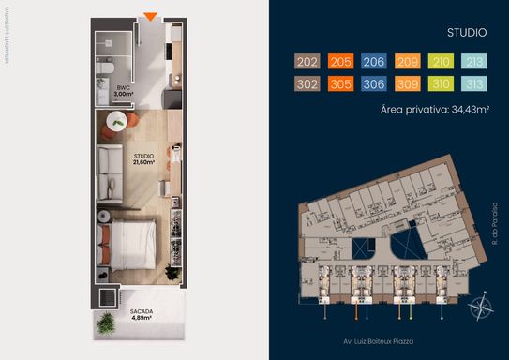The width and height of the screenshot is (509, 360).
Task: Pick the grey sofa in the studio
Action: click(112, 159)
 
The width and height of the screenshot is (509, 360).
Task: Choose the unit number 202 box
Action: click(307, 62)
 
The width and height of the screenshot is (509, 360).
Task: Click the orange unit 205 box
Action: click(341, 62)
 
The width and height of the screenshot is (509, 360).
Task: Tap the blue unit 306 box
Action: click(374, 82)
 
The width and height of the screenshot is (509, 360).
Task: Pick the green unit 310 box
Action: click(441, 82)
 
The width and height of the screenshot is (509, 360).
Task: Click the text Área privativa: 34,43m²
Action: click(436, 109)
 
